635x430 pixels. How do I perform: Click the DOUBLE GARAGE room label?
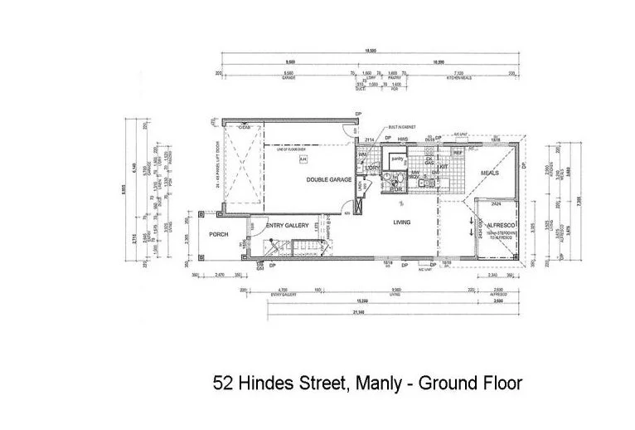point(329,179)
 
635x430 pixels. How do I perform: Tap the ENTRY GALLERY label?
point(288,225)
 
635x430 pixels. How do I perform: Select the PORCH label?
point(219,234)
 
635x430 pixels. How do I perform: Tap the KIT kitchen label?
point(444,167)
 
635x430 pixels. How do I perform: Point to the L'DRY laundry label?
point(371,169)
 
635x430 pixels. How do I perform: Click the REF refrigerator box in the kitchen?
point(458,154)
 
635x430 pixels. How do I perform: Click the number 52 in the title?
point(222,383)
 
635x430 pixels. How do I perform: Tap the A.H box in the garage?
point(303,158)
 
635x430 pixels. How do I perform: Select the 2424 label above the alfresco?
point(495,202)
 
